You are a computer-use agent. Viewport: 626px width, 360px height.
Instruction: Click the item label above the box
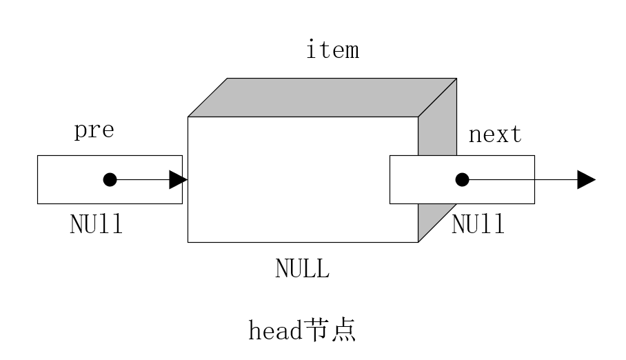[x=332, y=50]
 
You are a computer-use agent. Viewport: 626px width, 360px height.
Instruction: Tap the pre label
[x=94, y=130]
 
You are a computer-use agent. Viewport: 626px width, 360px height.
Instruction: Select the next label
[x=495, y=134]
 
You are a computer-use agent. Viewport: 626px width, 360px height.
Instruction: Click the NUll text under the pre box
[x=97, y=225]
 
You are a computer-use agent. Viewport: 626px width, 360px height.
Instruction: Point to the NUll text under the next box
[x=478, y=224]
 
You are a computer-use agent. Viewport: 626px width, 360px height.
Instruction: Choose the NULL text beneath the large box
[x=302, y=268]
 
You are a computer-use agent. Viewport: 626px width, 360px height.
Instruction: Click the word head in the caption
[x=275, y=331]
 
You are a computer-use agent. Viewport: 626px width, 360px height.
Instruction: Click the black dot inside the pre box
[x=110, y=180]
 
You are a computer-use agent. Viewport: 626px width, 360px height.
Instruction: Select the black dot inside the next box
[x=462, y=180]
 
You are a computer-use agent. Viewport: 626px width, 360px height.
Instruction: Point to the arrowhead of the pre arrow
[x=178, y=180]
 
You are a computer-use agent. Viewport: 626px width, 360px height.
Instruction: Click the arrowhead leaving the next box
[x=586, y=180]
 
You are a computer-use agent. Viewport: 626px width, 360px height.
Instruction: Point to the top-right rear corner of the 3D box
[x=456, y=79]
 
